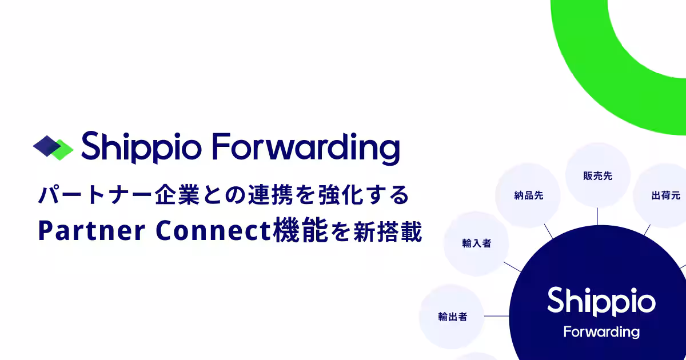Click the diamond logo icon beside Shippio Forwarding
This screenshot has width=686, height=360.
click(x=53, y=147)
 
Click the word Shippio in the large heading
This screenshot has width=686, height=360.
click(x=140, y=147)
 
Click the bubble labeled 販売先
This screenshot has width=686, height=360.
click(x=597, y=176)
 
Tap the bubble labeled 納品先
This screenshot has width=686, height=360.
click(x=528, y=195)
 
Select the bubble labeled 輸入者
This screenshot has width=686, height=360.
click(x=477, y=243)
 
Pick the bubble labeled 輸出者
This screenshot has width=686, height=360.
click(x=452, y=316)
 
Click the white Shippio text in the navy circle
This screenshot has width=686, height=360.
click(x=601, y=302)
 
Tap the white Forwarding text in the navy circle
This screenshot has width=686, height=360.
click(x=601, y=332)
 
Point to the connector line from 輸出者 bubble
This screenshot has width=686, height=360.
click(x=497, y=316)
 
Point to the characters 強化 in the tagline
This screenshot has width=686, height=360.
click(x=349, y=195)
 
